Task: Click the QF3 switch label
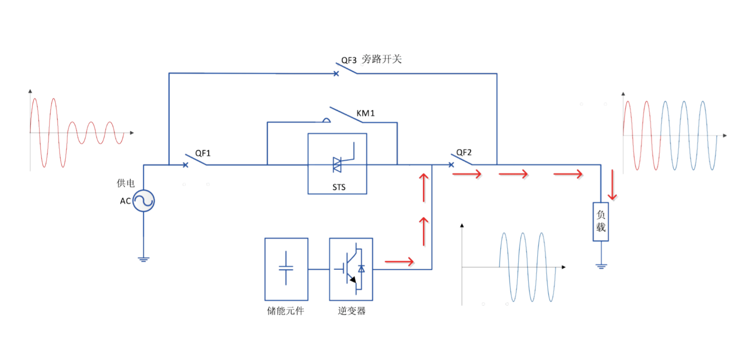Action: coord(349,60)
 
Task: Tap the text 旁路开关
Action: coord(381,59)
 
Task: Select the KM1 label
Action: coord(365,113)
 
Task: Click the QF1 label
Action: coord(203,153)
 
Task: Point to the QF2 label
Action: coord(463,152)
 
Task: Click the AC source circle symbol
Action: coord(144,201)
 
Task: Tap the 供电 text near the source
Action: coord(125,183)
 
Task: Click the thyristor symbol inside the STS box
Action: coord(338,164)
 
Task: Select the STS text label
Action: coord(339,187)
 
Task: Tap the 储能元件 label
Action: coord(285,311)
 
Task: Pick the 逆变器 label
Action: coord(351,311)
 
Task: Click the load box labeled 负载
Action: coord(601,221)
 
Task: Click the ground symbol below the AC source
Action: coord(144,259)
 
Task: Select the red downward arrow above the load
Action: coord(612,185)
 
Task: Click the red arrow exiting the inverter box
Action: coord(399,262)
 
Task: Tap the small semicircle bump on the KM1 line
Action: coord(326,120)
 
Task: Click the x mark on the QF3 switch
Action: coord(336,73)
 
